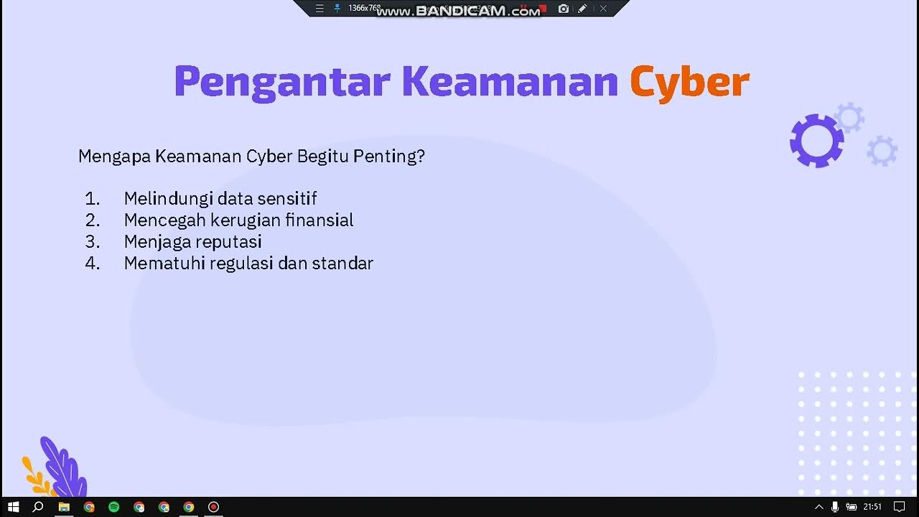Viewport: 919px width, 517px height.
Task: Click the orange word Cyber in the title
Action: tap(689, 82)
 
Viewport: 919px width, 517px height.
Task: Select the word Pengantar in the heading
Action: tap(281, 82)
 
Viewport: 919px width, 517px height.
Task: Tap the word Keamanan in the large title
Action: tap(509, 82)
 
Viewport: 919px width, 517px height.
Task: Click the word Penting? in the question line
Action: tap(389, 156)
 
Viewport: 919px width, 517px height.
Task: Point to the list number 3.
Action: tap(92, 241)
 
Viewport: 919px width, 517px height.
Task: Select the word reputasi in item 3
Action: tap(230, 241)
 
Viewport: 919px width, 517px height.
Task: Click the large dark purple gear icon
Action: tap(816, 141)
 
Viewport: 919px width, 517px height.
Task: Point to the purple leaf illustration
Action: tap(63, 467)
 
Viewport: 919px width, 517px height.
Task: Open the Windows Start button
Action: tap(13, 507)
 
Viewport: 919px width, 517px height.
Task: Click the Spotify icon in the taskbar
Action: tap(113, 507)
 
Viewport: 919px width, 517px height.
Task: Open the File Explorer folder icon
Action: tap(64, 507)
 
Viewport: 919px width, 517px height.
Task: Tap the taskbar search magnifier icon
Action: tap(39, 507)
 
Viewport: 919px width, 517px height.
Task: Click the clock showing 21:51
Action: tap(872, 507)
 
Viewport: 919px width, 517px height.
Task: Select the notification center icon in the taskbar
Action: tap(900, 507)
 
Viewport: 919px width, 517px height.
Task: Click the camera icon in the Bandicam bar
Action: tap(564, 9)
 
